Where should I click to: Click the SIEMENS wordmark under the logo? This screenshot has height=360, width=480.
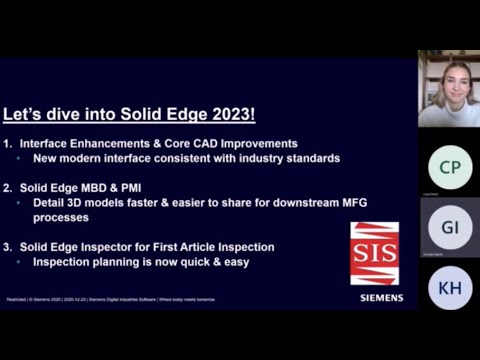[382, 297]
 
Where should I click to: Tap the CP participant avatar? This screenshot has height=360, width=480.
[449, 167]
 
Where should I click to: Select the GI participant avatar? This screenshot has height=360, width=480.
[449, 227]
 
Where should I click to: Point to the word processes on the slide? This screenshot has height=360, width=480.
[60, 216]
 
